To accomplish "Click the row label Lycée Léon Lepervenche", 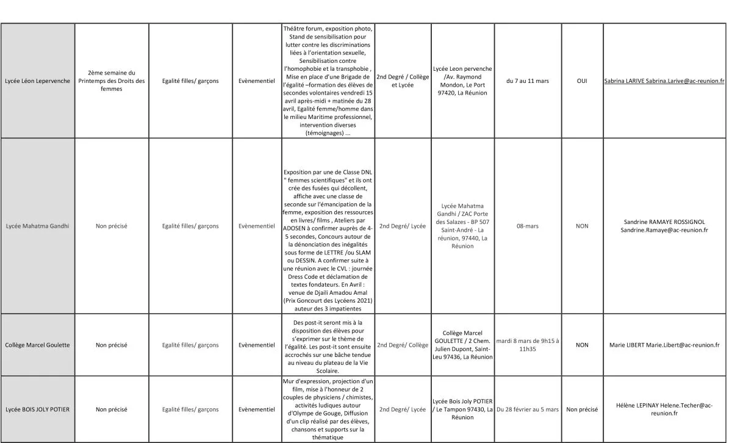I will click(x=37, y=81).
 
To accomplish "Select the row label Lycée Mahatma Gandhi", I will click(x=37, y=226).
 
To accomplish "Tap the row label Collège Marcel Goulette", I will click(x=37, y=345).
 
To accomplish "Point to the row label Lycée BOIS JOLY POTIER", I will click(x=37, y=409).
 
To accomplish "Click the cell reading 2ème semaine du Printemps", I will click(x=112, y=81).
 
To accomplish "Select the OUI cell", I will click(x=582, y=81).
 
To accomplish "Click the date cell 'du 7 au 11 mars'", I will click(x=527, y=81).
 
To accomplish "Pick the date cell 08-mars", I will click(x=527, y=226).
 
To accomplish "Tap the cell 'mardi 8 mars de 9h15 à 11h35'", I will click(x=527, y=345).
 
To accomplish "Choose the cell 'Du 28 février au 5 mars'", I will click(x=527, y=409).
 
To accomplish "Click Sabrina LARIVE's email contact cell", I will click(x=664, y=81).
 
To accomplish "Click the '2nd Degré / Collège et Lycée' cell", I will click(x=403, y=81).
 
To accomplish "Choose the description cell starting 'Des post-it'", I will click(x=328, y=345).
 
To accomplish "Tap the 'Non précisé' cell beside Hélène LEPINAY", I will click(x=582, y=409).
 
